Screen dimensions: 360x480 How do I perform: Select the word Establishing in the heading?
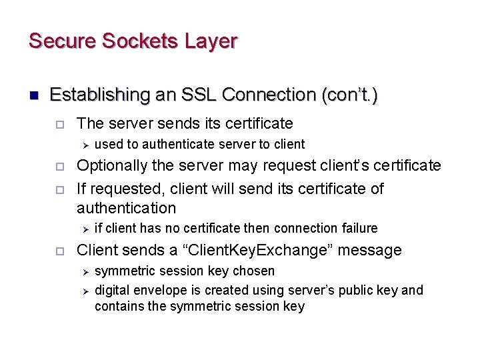[x=98, y=95]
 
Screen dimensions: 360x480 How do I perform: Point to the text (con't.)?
[x=349, y=95]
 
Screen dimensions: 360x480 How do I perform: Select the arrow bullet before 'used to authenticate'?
[x=85, y=144]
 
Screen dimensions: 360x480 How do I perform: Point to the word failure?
[x=360, y=228]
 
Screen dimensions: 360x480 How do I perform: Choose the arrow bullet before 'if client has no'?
[x=85, y=229]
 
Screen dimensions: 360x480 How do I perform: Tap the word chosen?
[x=255, y=271]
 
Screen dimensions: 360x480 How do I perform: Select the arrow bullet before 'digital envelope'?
[x=85, y=291]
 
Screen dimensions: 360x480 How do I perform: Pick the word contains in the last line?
[x=117, y=307]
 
